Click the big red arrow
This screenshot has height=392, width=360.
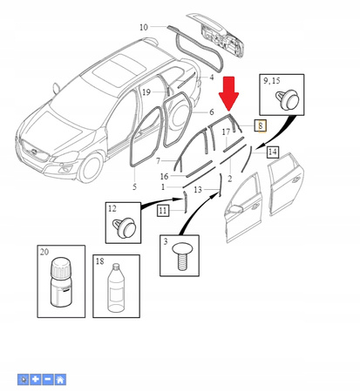pos(228,93)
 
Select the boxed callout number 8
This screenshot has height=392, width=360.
pos(261,125)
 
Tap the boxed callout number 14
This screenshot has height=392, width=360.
pos(273,152)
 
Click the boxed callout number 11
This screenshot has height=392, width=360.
pos(163,210)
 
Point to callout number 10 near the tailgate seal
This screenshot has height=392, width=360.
pos(144,27)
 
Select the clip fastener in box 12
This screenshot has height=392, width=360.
pos(125,227)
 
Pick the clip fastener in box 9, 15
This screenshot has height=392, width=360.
pos(287,99)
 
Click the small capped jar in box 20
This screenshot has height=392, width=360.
pos(61,282)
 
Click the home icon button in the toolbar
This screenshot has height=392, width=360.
pos(60,380)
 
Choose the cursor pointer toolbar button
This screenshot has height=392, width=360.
pos(24,380)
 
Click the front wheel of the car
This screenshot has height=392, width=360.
pos(91,168)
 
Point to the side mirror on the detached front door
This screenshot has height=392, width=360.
pos(236,209)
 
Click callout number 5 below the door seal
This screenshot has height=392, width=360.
pos(134,186)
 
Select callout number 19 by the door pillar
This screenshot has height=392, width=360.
pos(146,92)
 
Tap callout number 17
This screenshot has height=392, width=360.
pos(226,132)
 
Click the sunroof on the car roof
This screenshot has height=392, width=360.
pos(119,69)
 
